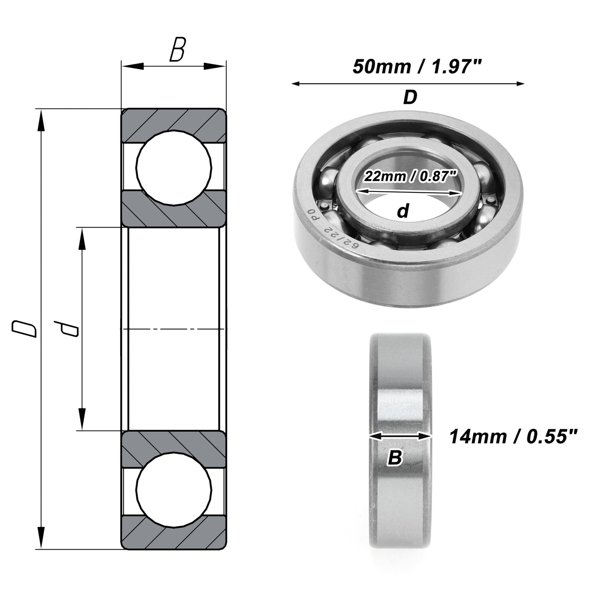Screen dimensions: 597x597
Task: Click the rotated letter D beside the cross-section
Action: coord(24,329)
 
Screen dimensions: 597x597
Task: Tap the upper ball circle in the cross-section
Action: coord(174,167)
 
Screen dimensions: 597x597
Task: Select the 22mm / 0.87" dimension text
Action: coord(410,177)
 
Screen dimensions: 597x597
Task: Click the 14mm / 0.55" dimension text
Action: coord(513,437)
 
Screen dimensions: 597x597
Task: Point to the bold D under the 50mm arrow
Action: coord(410,97)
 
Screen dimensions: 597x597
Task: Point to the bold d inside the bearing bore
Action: coord(403,211)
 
